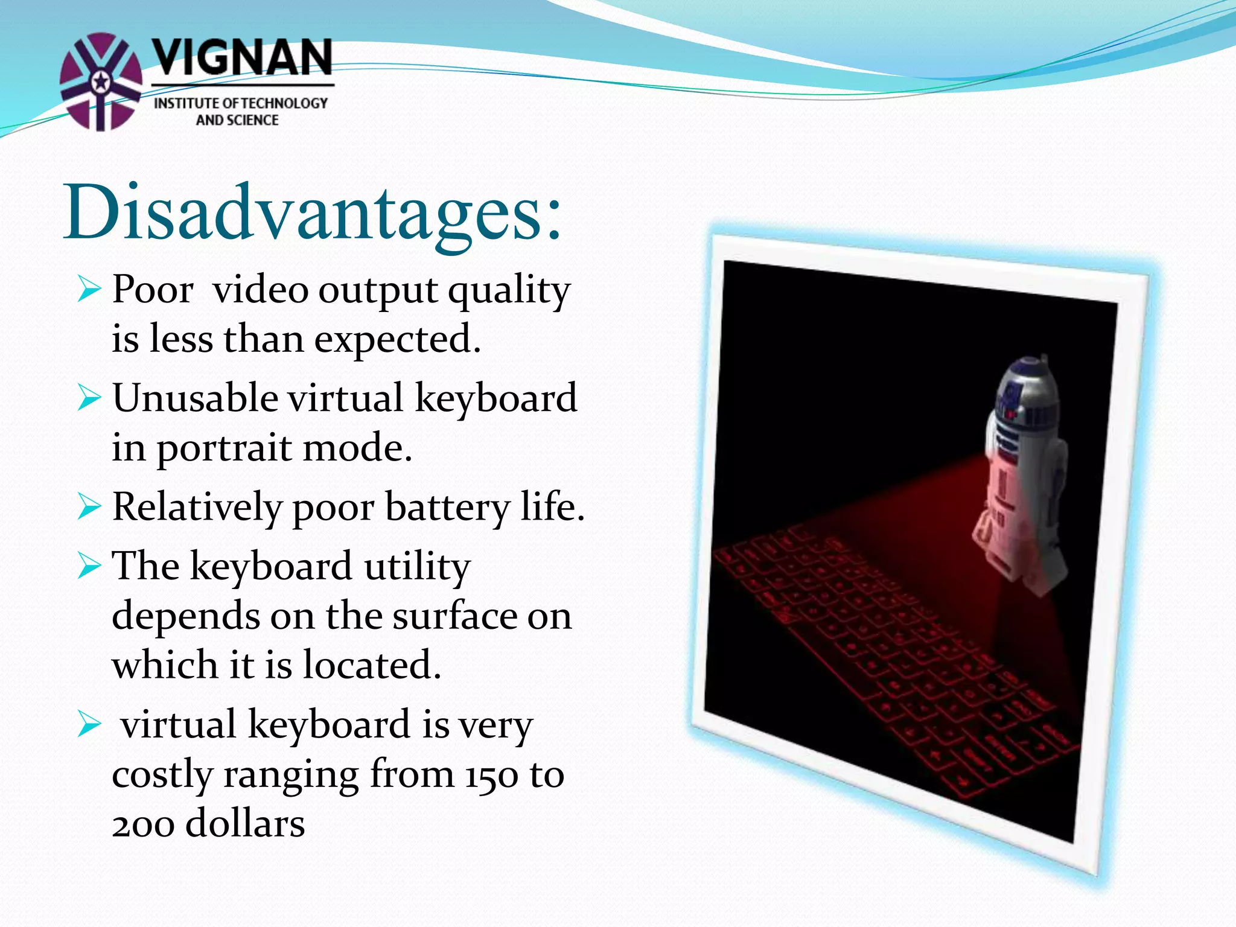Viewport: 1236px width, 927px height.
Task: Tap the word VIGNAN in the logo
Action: coord(241,58)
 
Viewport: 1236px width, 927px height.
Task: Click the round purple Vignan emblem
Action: coord(101,81)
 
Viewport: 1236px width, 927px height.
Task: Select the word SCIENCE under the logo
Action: coord(253,120)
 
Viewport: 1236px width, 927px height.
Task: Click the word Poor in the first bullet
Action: coord(152,290)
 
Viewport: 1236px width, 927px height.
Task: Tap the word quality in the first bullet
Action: coord(508,291)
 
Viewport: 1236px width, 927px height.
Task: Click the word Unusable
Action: coord(194,398)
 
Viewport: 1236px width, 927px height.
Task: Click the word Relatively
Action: coord(197,507)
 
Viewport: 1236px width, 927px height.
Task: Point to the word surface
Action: coord(455,617)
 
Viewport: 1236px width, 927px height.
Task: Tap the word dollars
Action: coord(244,824)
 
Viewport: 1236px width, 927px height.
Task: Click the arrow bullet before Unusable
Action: coord(89,399)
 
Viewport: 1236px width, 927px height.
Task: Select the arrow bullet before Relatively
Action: coord(89,507)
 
